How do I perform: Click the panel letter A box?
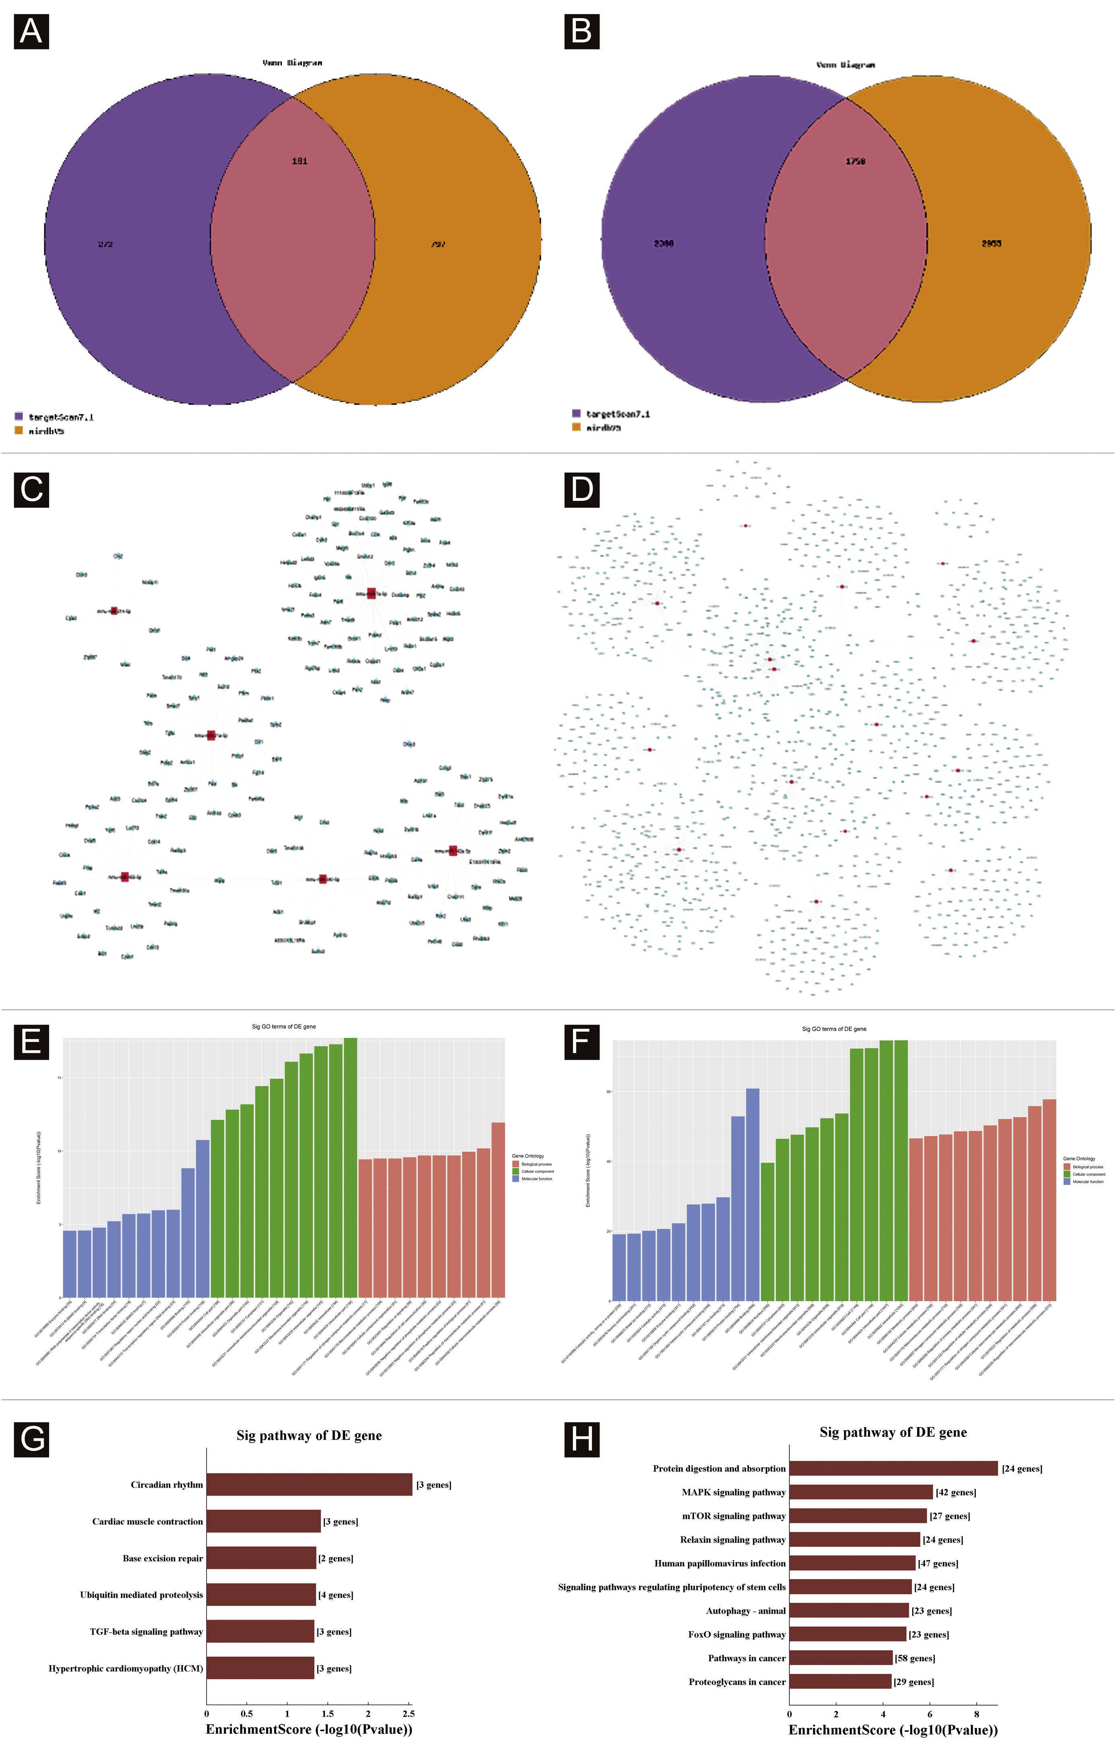coord(31,31)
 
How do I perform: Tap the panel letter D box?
coord(582,490)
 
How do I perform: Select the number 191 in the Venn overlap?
coord(299,161)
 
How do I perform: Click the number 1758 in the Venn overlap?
coord(855,161)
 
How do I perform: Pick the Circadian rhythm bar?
coord(309,1485)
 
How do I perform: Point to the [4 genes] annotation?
coord(335,1595)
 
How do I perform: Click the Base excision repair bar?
coord(261,1558)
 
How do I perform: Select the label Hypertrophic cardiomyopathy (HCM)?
coord(126,1668)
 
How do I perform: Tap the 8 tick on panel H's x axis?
coord(977,1714)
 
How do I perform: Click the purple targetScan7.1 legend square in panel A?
coord(19,416)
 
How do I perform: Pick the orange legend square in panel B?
coord(576,427)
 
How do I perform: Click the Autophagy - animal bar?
coord(849,1611)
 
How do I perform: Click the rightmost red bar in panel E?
coord(498,1210)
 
